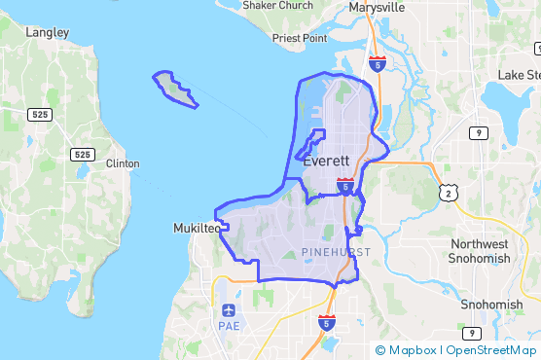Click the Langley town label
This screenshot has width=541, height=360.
point(48,32)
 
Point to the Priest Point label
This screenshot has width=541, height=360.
point(300,39)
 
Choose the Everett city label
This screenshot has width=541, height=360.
point(326,162)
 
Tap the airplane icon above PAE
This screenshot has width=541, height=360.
point(229,310)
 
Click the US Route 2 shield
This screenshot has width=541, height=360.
point(447,194)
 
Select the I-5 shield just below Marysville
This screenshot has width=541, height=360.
point(378,63)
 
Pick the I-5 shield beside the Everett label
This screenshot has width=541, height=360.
point(345,185)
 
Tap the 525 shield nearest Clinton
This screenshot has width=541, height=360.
point(83,155)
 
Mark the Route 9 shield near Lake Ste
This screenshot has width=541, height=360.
point(479,132)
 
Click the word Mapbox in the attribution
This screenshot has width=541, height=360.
point(414,350)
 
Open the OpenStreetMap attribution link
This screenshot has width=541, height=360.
point(492,350)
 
